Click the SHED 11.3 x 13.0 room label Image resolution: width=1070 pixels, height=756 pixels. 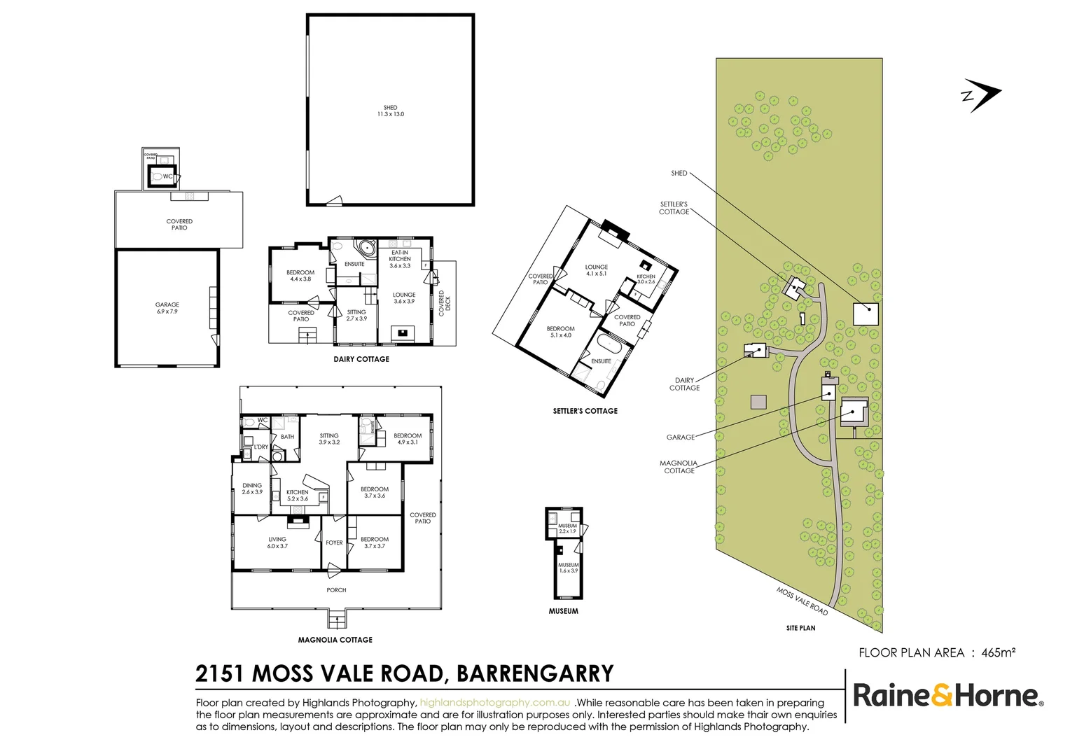390,111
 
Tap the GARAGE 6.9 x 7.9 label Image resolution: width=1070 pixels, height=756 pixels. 167,307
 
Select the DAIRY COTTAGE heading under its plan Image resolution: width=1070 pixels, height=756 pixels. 361,359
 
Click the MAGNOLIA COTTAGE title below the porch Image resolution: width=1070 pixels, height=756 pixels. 335,640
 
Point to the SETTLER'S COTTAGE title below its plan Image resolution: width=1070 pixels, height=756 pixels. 585,411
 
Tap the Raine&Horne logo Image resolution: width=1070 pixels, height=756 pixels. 947,696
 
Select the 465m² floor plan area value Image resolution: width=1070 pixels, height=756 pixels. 998,652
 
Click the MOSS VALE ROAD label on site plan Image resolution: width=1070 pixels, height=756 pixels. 802,601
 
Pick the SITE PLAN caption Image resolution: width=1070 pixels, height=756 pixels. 800,628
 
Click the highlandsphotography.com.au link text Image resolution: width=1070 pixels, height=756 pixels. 495,703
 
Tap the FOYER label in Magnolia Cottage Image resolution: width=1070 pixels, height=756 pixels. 334,542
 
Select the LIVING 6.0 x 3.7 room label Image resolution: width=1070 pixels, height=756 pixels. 277,542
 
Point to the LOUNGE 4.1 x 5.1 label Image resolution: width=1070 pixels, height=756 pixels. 597,270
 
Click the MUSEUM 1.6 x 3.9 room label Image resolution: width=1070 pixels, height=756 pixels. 568,568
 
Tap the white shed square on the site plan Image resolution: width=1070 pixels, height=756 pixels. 866,314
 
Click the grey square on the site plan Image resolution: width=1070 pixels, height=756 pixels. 758,402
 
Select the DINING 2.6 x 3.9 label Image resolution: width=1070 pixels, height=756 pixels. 252,489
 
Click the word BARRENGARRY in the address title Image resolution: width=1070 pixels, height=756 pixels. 534,673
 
